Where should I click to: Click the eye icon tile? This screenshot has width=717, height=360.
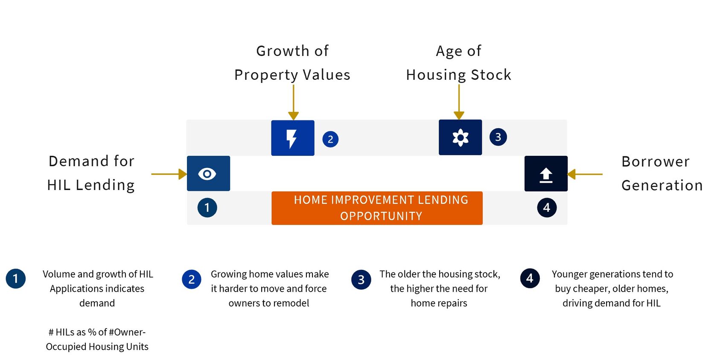(x=208, y=173)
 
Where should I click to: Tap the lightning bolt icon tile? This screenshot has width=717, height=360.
(x=293, y=138)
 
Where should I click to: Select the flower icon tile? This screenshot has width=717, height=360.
(x=460, y=138)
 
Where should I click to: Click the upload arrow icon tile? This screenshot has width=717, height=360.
(x=546, y=174)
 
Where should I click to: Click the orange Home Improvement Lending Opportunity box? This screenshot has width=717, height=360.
(x=377, y=208)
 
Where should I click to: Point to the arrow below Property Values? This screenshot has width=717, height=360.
(x=293, y=102)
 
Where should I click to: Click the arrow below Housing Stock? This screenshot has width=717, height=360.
(x=459, y=102)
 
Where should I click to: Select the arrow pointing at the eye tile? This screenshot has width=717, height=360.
(x=169, y=174)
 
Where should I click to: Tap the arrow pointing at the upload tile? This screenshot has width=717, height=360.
(x=585, y=174)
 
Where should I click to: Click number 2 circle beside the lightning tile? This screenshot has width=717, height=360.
(x=330, y=139)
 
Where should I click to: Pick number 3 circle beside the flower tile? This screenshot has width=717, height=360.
(x=498, y=137)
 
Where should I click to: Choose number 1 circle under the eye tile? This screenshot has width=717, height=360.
(x=207, y=208)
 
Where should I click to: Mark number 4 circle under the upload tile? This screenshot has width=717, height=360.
(x=547, y=208)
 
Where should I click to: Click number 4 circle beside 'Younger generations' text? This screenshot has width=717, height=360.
(x=530, y=278)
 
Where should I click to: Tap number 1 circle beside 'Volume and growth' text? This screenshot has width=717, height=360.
(x=16, y=278)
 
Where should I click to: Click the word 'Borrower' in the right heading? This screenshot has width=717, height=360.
(x=656, y=161)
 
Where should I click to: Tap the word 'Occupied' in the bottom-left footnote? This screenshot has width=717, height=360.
(x=66, y=347)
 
